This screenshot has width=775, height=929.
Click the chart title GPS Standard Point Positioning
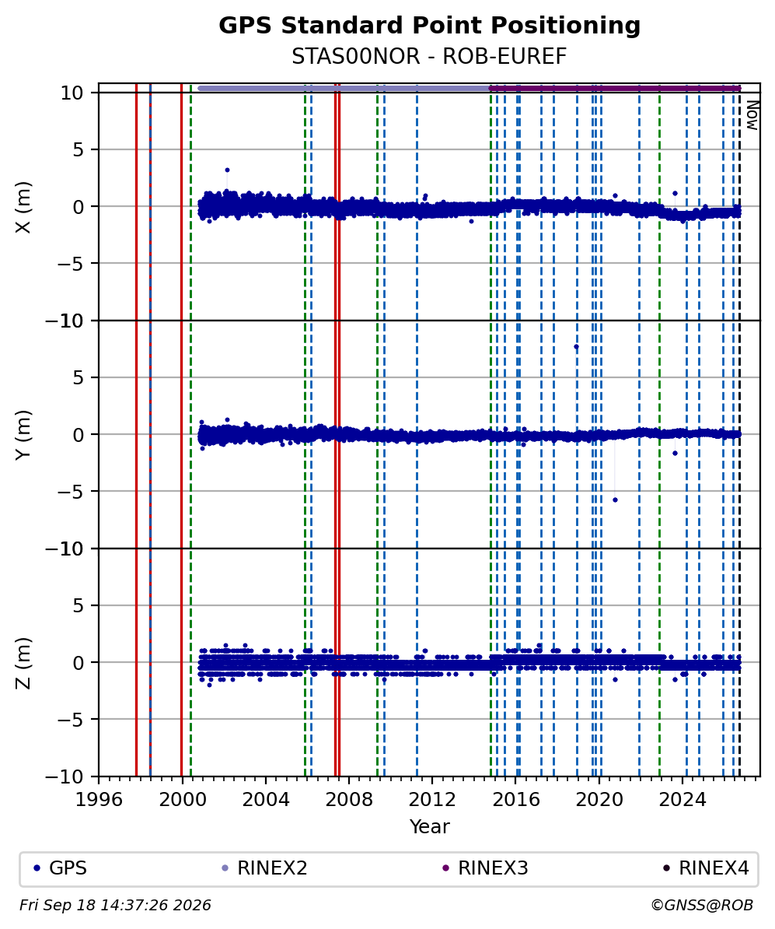point(429,26)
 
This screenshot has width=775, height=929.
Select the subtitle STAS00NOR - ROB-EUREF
point(429,56)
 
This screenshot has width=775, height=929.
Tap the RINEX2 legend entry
point(264,868)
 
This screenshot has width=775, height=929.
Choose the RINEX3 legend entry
point(486,868)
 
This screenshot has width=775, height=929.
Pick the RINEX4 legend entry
point(707,868)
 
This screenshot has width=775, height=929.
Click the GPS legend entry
point(60,868)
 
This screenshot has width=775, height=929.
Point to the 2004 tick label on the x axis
point(265,800)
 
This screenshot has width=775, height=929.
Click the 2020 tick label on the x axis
point(599,800)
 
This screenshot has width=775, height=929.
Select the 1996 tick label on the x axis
point(99,800)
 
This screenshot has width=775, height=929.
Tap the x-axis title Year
point(429,826)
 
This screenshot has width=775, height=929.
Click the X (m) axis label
point(23,207)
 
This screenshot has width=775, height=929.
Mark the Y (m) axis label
point(23,435)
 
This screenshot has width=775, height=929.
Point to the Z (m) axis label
point(23,663)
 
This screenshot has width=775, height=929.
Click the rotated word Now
point(752,115)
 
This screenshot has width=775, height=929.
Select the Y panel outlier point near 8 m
point(576,346)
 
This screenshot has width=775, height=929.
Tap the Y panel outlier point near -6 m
point(615,500)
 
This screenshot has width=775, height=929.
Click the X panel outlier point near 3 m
point(227,170)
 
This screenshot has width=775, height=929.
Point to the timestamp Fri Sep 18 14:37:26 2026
point(115,906)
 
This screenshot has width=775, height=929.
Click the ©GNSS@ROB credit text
point(702,906)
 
